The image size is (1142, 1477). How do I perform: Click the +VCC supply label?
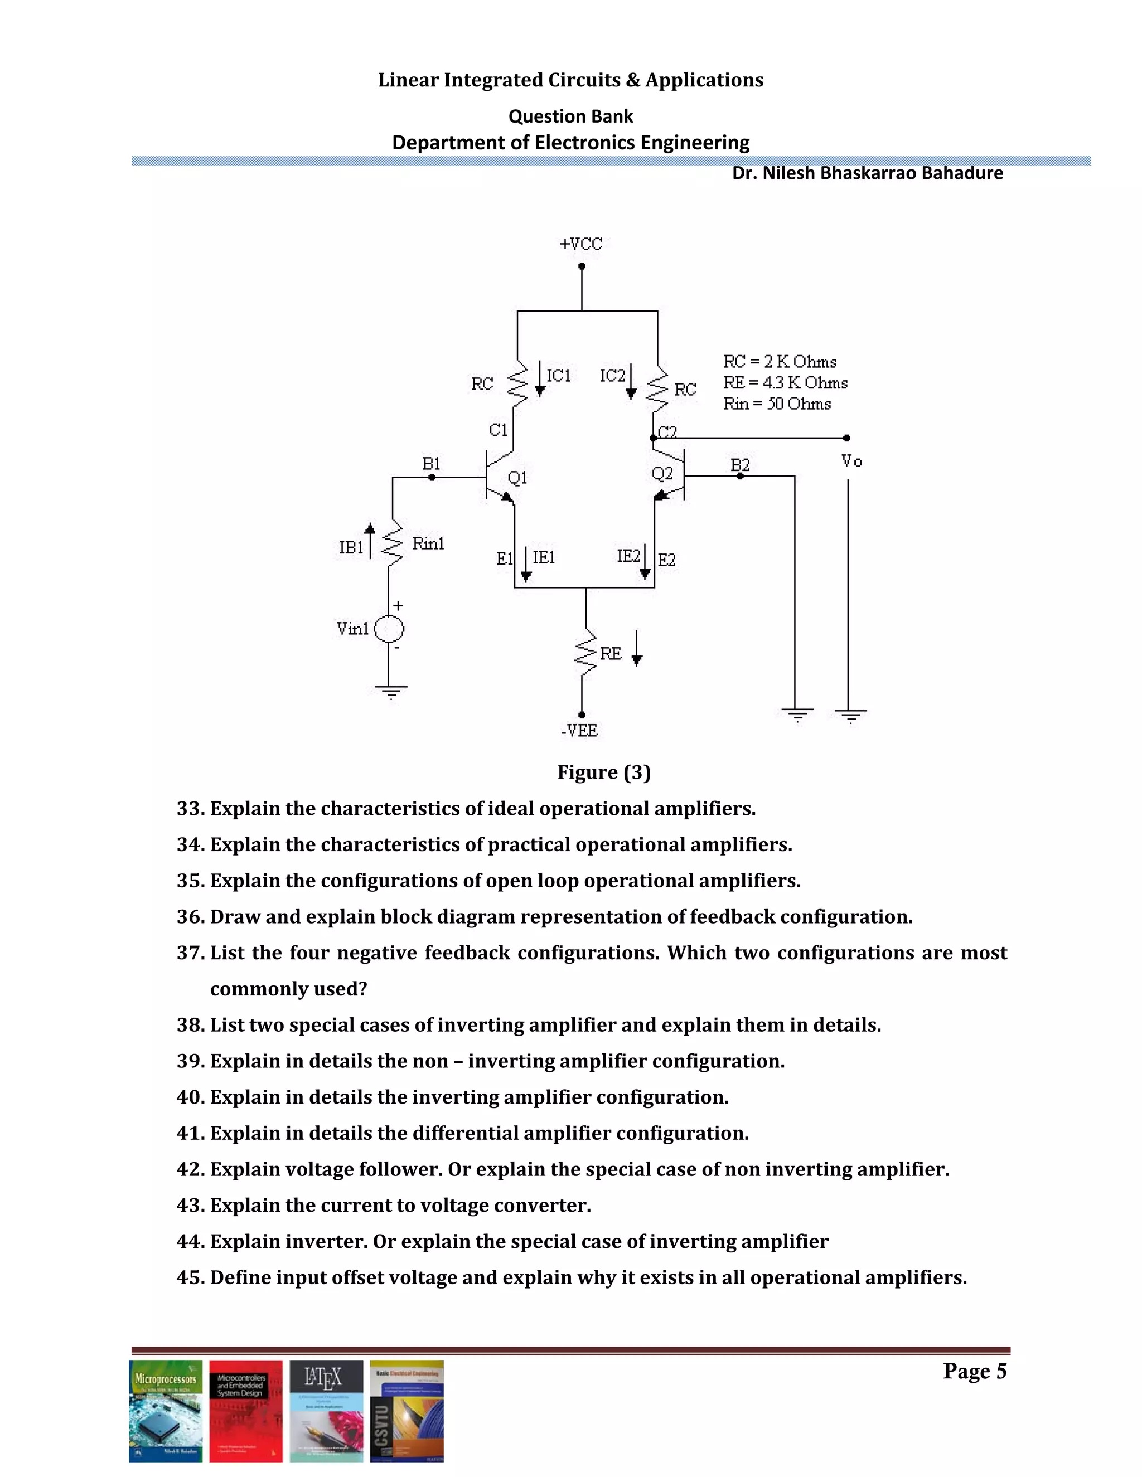[x=580, y=244]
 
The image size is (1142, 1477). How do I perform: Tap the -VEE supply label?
[x=579, y=730]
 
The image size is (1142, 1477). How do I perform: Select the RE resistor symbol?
[x=585, y=654]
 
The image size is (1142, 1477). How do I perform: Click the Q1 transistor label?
[x=517, y=478]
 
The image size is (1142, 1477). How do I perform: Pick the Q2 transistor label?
[x=662, y=473]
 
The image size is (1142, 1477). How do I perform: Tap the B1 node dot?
[x=432, y=478]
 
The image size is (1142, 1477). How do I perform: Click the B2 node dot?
[x=740, y=476]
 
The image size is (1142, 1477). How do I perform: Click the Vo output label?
[x=851, y=461]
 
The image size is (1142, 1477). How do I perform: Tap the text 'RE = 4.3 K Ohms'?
[x=785, y=383]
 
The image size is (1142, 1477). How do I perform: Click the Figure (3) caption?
[x=603, y=772]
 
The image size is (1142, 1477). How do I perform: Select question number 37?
[x=190, y=953]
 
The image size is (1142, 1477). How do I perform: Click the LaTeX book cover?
[x=326, y=1411]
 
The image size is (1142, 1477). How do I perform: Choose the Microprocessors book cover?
[x=166, y=1411]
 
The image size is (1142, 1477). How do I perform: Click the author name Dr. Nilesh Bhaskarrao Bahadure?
[x=867, y=173]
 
